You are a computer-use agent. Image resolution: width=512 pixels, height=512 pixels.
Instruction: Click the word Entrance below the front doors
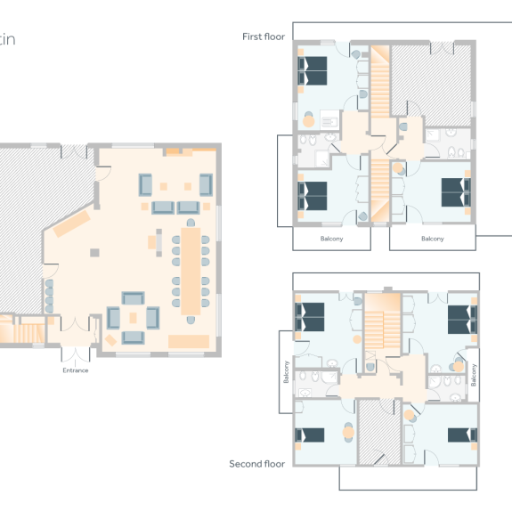click(76, 370)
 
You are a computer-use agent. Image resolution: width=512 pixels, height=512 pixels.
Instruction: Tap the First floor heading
click(263, 37)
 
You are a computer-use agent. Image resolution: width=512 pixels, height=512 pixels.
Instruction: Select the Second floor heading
click(256, 464)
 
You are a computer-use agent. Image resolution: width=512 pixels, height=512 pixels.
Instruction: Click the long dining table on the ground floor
click(191, 271)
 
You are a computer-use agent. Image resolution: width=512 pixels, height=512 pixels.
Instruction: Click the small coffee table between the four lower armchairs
click(134, 317)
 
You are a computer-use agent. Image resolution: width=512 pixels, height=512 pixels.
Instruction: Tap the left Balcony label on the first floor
click(331, 239)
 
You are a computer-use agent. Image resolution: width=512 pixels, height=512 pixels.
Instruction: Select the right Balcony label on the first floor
click(432, 239)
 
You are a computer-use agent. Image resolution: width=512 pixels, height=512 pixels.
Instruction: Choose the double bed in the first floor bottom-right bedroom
click(455, 192)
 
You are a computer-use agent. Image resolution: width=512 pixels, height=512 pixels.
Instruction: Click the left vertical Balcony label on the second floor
click(287, 370)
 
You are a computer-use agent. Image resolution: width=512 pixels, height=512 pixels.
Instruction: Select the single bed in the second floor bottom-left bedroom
click(311, 435)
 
